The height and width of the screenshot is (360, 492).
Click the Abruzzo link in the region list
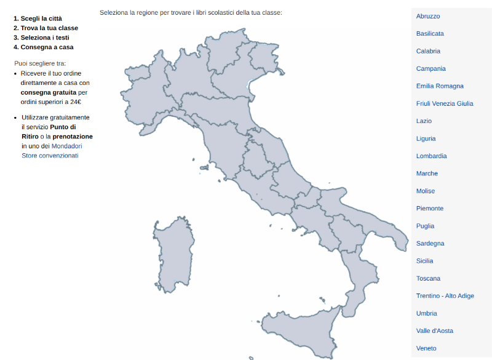point(428,16)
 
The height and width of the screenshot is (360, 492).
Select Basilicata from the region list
point(430,33)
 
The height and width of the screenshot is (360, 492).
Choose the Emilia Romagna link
point(440,86)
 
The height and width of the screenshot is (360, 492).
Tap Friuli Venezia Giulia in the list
point(445,103)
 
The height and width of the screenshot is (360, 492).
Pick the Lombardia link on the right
point(431,156)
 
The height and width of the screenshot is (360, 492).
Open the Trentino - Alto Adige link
point(445,296)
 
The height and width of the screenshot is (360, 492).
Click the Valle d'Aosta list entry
point(435,331)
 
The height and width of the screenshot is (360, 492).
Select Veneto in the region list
point(426,348)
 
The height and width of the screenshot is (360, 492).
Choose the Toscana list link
point(428,279)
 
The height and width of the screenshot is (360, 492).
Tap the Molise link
point(426,191)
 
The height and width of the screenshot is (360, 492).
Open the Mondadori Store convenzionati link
point(52,151)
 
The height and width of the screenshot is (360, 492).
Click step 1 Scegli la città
point(41,18)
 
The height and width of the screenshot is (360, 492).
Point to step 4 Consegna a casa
point(47,47)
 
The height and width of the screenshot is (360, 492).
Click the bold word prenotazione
point(73,136)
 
